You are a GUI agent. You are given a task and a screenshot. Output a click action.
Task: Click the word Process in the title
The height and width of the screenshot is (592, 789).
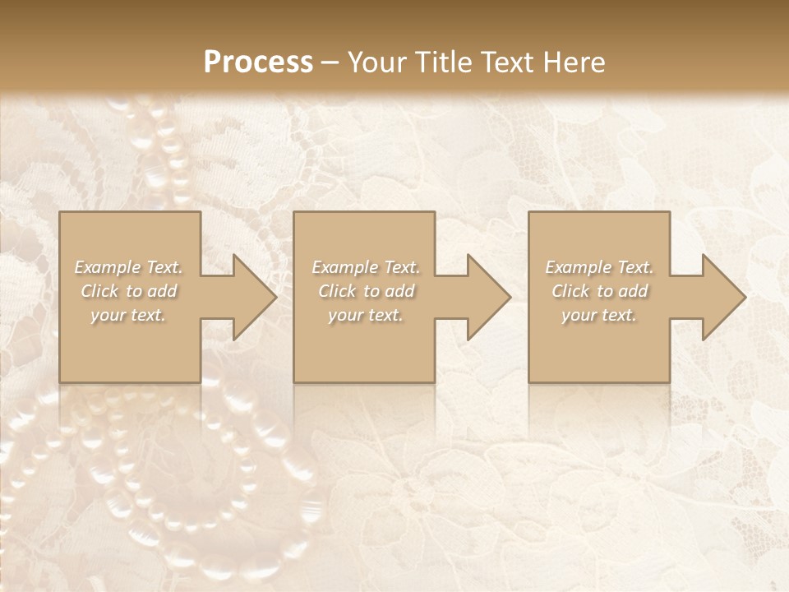pos(258,62)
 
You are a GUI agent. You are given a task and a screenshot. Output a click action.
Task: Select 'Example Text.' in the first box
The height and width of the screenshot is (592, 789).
pos(129,267)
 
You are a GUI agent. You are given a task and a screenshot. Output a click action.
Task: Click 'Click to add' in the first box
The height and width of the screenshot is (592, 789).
pos(129,291)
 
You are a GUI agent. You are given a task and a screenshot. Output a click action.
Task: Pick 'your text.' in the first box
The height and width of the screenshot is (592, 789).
pos(129,315)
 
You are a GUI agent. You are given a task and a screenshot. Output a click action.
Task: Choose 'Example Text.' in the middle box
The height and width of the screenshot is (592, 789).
pos(366,267)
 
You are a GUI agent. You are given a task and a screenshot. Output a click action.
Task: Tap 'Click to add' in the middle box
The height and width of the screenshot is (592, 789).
pos(366,291)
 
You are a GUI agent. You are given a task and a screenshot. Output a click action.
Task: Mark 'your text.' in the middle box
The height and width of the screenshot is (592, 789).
pos(366,315)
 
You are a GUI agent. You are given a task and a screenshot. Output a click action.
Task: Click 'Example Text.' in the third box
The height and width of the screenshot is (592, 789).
pos(599,267)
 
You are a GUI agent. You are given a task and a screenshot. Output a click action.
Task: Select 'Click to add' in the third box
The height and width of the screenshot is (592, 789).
pos(599,291)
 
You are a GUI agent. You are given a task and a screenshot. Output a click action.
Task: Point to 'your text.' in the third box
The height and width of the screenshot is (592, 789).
pos(599,315)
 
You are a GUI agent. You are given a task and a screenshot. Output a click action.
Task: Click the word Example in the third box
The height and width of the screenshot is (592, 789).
pos(579,267)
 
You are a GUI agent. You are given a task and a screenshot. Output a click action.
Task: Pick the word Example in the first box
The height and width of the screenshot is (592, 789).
pos(108,267)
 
